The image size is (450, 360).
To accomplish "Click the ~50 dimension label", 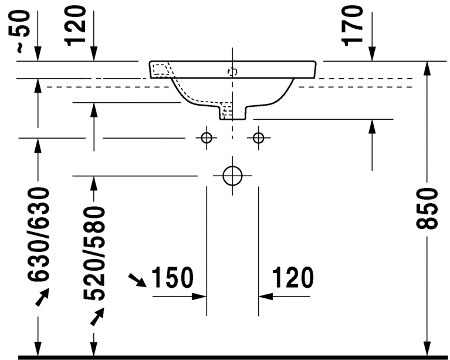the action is (x=19, y=31).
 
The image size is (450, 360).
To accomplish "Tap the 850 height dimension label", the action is (x=427, y=209).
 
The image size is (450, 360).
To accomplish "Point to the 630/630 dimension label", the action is (x=39, y=234).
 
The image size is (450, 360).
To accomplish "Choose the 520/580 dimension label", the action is (x=94, y=253).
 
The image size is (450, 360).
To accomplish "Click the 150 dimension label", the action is (x=172, y=278).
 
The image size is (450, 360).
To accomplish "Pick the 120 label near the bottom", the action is (x=292, y=278).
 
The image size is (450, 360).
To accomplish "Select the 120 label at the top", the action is (x=76, y=26).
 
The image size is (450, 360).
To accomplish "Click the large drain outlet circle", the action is (x=232, y=176).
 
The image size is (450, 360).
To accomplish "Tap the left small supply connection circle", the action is (x=207, y=138).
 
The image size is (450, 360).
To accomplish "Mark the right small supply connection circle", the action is (x=259, y=138).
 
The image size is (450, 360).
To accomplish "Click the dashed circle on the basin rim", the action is (x=232, y=72).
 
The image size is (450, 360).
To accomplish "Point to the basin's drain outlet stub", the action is (x=233, y=113).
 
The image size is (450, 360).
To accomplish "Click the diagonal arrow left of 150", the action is (x=137, y=280).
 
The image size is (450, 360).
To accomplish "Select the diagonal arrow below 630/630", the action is (x=42, y=297).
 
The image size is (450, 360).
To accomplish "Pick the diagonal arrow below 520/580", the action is (x=97, y=317).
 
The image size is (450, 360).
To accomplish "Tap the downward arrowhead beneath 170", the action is (x=372, y=53).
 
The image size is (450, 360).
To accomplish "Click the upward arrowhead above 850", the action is (x=427, y=69).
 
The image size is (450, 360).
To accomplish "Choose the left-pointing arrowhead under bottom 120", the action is (x=266, y=296).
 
